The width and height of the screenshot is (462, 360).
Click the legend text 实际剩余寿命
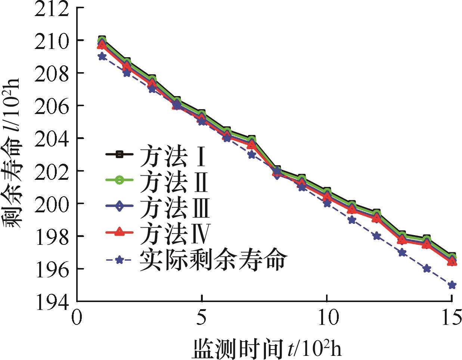[213, 260]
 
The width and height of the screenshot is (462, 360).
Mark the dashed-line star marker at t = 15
[452, 285]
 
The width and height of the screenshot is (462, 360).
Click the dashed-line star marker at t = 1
[102, 57]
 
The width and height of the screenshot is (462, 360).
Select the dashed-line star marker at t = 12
[377, 236]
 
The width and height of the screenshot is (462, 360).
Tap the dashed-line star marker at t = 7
[252, 155]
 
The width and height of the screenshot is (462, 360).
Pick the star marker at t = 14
[427, 269]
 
